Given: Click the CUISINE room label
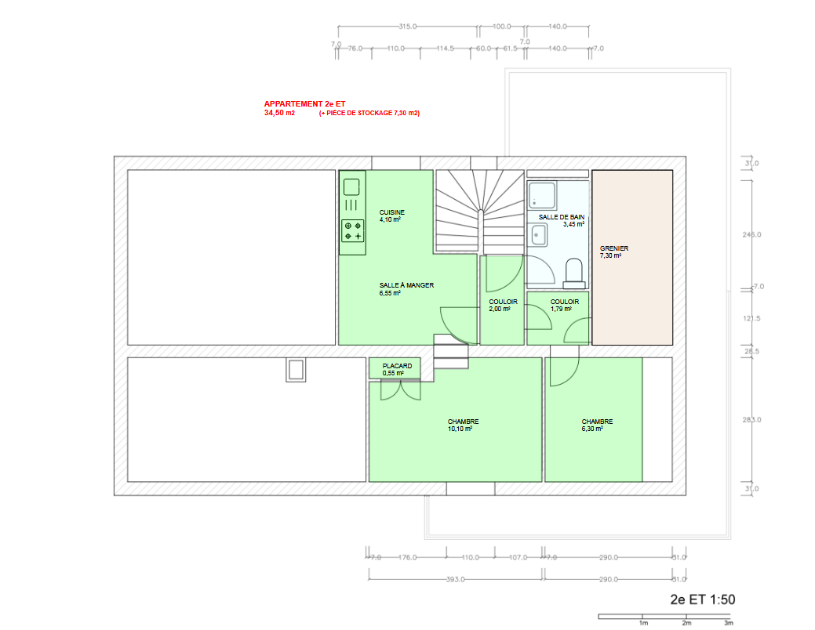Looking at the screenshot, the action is coord(392,212).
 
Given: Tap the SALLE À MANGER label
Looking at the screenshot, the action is coord(406,285).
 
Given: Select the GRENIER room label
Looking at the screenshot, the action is coord(614,248).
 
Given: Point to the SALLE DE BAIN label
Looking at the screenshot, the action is coord(562,217).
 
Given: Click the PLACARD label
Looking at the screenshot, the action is coord(397,366).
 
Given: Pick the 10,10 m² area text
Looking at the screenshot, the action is coord(460,429).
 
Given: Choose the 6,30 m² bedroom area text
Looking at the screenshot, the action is coord(592,429).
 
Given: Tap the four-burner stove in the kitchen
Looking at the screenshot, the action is coord(352,230).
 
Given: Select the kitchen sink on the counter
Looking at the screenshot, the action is coord(351,187).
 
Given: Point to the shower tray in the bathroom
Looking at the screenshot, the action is coord(542,195).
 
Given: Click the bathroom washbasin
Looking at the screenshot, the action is coord(538,235).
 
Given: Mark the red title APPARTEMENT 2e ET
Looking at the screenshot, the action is coord(304,104).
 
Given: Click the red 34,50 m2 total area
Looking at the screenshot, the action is coord(279,113).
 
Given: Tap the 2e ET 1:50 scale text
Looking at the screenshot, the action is coord(703,599).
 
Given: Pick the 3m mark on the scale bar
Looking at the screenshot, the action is coord(728,623).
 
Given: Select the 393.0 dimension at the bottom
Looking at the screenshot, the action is coord(455,579).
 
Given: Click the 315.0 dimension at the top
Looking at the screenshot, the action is coord(408,27).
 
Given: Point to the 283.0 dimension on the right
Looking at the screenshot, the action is coord(751,420).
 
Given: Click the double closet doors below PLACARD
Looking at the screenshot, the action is coord(400,390).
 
